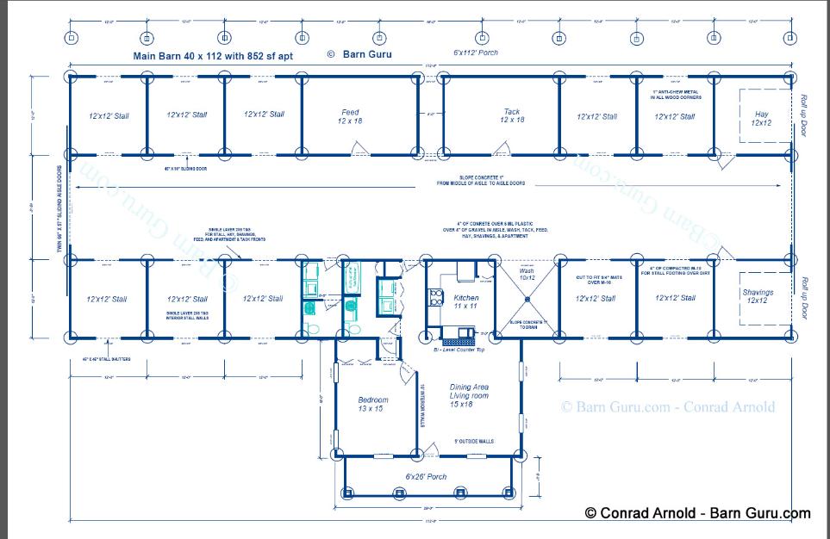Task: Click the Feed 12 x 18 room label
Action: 350,116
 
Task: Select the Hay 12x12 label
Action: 761,118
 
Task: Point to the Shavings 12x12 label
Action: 758,296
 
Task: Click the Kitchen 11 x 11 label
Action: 465,302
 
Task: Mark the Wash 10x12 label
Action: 527,274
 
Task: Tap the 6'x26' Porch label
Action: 426,476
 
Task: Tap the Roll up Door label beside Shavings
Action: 804,297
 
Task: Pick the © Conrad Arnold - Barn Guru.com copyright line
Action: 697,513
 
